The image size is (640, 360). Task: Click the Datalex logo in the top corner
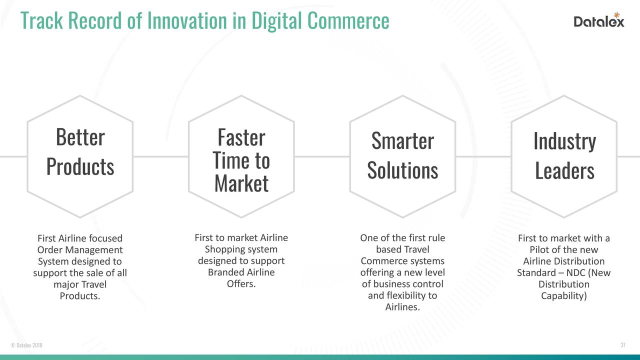coord(598,20)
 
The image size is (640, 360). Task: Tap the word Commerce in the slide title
coord(348,20)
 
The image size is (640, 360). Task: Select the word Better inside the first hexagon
coord(80,137)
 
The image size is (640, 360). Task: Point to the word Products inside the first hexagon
coord(80,166)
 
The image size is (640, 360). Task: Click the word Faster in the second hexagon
coord(241,137)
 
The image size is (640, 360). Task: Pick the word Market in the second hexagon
coord(241,183)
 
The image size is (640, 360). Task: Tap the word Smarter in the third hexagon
coord(402,141)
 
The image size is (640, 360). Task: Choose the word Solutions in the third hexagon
coord(402,170)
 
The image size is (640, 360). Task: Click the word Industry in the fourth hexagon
coord(564,141)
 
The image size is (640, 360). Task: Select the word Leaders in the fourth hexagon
coord(564,171)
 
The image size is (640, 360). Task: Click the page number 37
coord(622,345)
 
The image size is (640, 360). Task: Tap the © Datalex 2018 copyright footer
coord(26,345)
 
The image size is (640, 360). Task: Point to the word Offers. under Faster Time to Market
coord(241,284)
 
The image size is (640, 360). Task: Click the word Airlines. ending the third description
coord(402,307)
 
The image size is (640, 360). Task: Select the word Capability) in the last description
coord(564,296)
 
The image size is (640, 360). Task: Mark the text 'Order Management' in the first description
coord(80,250)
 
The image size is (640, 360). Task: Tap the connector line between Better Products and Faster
coord(160,156)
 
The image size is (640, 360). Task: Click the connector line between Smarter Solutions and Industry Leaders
coord(483,156)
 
